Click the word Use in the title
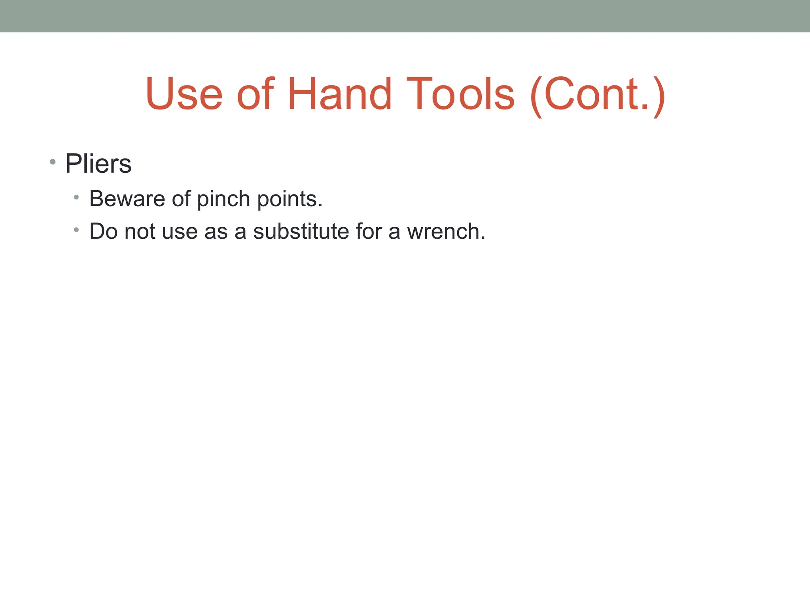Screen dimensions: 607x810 click(184, 94)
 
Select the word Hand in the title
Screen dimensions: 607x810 click(339, 94)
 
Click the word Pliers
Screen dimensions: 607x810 click(98, 164)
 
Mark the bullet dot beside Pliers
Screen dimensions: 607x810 click(53, 162)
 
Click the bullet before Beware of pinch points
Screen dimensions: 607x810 click(76, 197)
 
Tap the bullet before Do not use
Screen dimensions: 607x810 click(76, 230)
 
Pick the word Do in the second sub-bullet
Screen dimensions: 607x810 click(103, 232)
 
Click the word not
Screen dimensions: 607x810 click(140, 232)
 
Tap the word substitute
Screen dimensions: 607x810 click(301, 232)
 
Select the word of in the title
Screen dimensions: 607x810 click(255, 94)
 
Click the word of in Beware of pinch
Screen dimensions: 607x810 click(182, 199)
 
